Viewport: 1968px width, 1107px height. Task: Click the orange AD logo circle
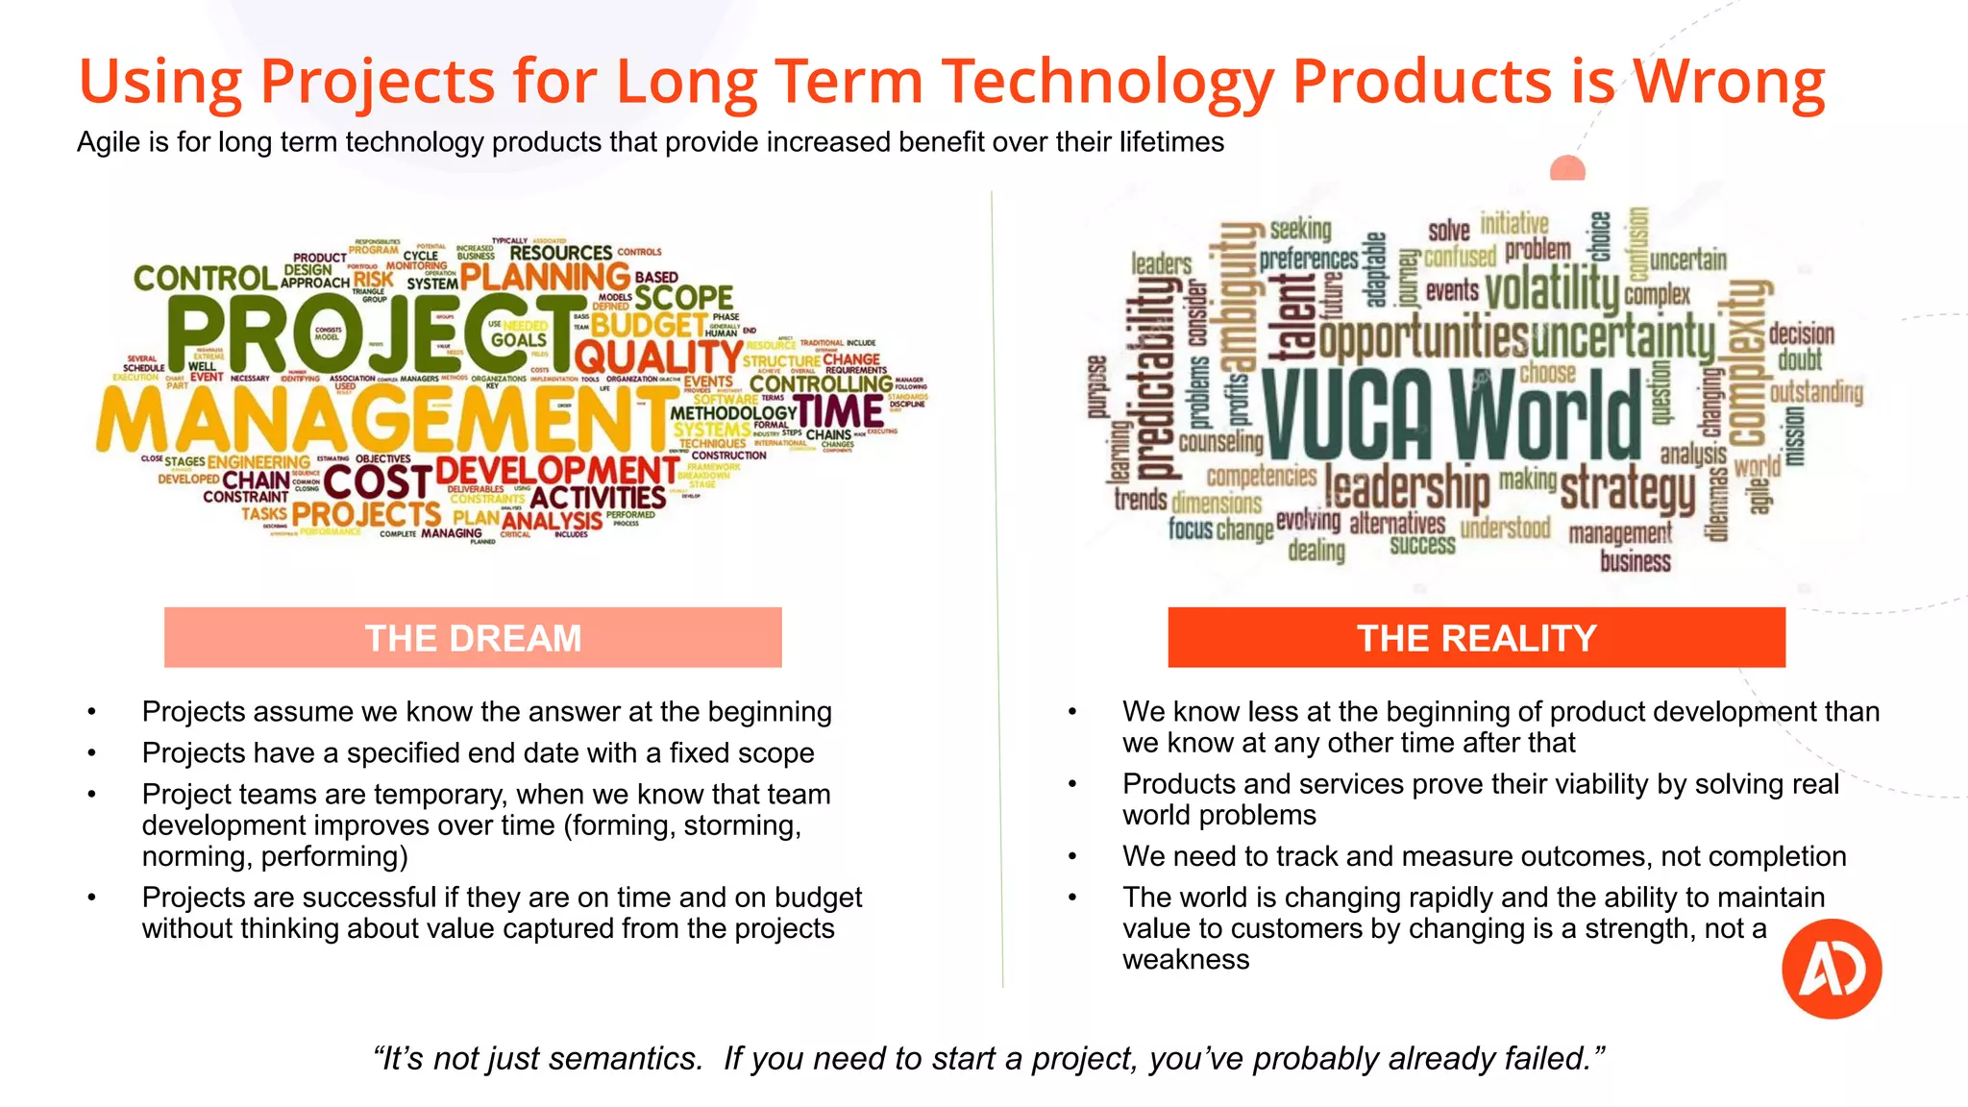click(1831, 968)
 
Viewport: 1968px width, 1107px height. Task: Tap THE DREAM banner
click(473, 638)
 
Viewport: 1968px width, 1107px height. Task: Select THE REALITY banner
click(1476, 638)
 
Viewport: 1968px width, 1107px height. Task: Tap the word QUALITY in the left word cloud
click(658, 358)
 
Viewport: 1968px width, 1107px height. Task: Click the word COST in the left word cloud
click(377, 481)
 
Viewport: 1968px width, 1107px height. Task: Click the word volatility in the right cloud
click(1552, 289)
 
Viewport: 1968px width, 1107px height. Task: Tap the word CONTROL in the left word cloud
click(205, 279)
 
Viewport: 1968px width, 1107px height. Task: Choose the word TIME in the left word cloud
click(839, 411)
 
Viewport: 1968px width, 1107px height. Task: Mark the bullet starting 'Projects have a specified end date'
click(478, 752)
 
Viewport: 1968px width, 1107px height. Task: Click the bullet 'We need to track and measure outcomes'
click(1484, 856)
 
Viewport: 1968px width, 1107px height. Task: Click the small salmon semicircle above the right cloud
click(1567, 170)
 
